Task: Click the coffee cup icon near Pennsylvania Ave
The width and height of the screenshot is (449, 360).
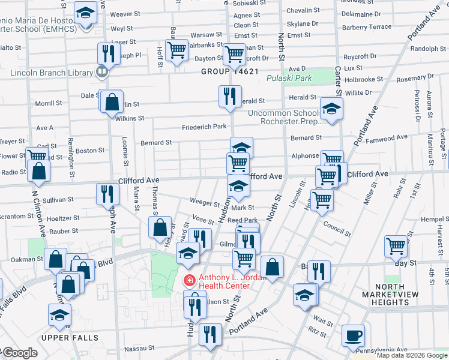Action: (353, 335)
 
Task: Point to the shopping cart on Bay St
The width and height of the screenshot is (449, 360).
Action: (396, 245)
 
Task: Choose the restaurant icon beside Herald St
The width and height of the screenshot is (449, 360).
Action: (229, 96)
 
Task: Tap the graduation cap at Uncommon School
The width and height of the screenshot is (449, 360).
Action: (330, 108)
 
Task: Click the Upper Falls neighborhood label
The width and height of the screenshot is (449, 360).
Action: (70, 338)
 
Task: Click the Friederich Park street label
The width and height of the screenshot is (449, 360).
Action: (204, 127)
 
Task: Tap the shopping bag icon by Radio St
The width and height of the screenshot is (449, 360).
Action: (38, 170)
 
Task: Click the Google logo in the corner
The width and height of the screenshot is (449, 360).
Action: (19, 353)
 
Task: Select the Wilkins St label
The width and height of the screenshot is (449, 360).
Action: (130, 119)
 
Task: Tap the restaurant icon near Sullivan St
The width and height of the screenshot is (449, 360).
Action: (107, 193)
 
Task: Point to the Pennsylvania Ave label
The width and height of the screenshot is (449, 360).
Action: (383, 350)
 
